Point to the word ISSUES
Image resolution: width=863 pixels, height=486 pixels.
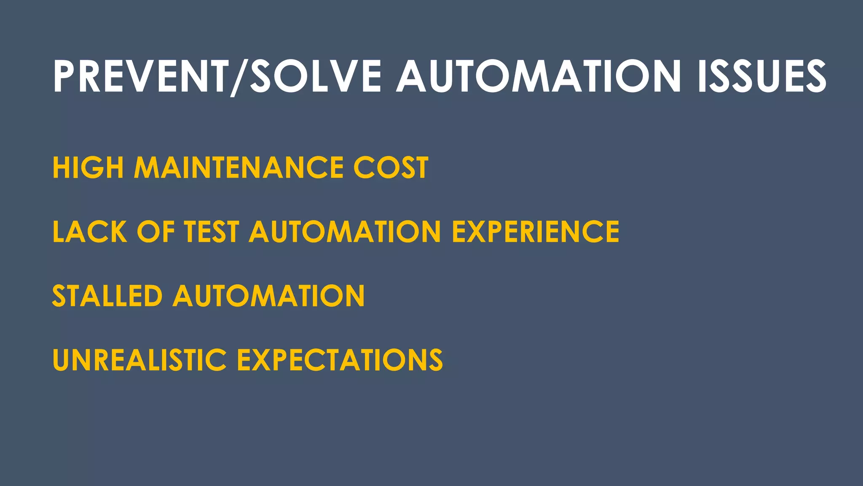[x=762, y=76]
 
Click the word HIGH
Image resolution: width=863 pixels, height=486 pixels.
[x=88, y=167]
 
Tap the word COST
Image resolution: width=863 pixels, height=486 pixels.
[x=391, y=167]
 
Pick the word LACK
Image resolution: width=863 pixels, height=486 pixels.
[x=89, y=232]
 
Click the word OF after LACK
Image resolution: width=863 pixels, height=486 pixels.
[x=155, y=232]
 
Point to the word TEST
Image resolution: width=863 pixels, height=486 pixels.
[x=212, y=232]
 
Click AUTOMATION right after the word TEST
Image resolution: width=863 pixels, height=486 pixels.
[x=345, y=232]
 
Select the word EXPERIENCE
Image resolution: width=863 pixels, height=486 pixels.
[x=536, y=232]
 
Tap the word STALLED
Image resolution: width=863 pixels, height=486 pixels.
[x=107, y=296]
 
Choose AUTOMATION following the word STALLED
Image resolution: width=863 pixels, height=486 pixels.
[x=269, y=296]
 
